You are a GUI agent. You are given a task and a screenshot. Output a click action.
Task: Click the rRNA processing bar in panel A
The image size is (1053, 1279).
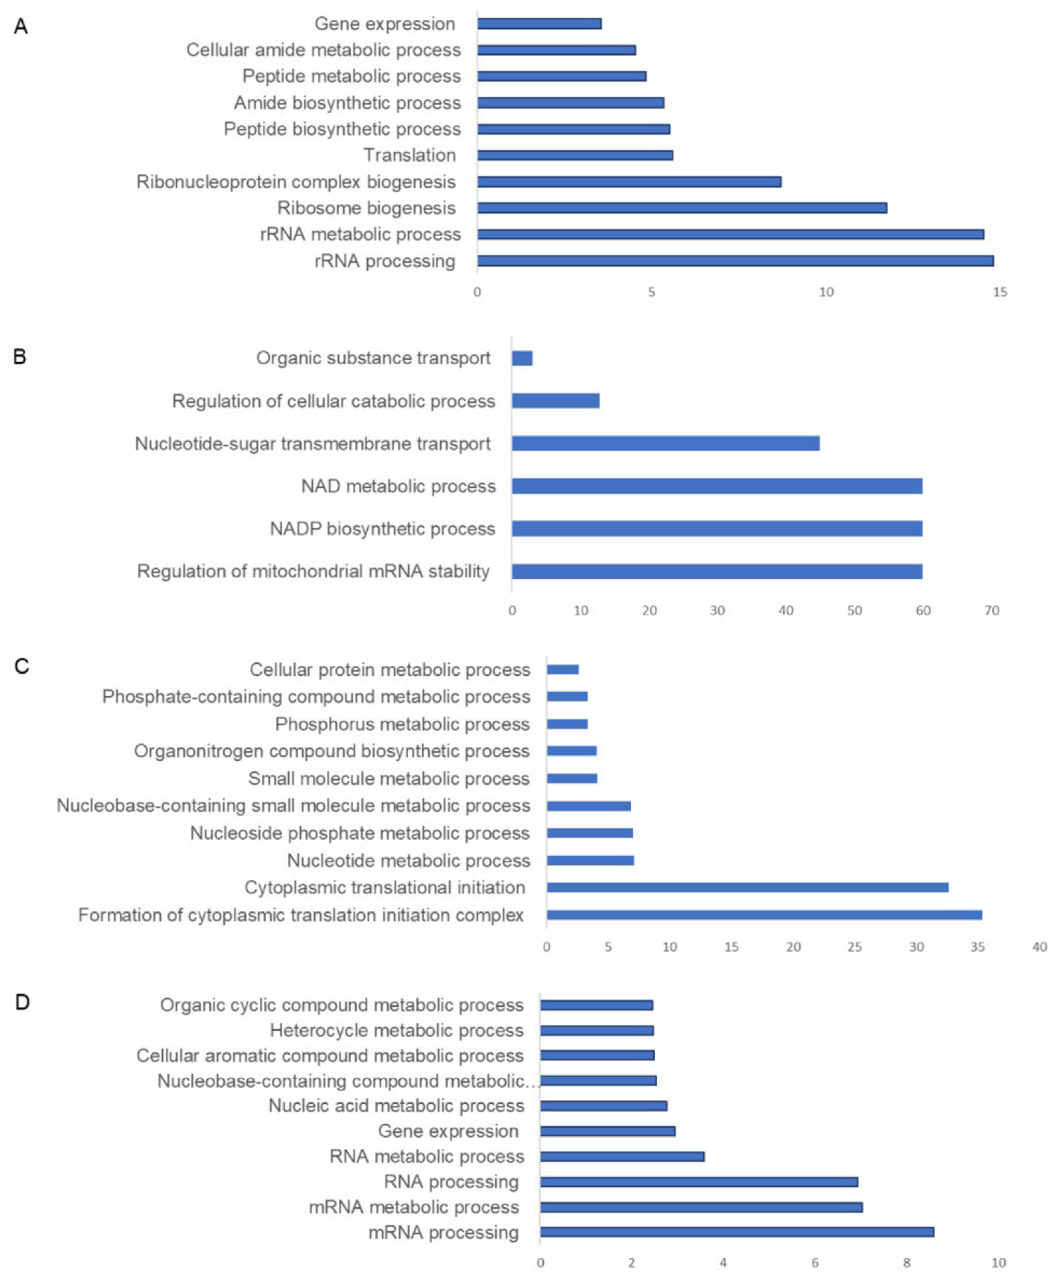pyautogui.click(x=735, y=261)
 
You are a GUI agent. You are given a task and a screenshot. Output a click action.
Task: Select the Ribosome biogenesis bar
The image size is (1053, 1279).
pyautogui.click(x=682, y=208)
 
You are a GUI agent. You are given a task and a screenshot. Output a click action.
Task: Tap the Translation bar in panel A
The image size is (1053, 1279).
pyautogui.click(x=575, y=156)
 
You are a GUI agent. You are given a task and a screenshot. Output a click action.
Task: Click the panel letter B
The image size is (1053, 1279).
pyautogui.click(x=20, y=357)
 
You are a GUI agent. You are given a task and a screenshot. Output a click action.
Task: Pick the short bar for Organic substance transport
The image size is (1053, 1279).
pyautogui.click(x=522, y=358)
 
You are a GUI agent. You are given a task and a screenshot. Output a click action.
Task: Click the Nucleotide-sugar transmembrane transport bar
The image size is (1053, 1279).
pyautogui.click(x=665, y=444)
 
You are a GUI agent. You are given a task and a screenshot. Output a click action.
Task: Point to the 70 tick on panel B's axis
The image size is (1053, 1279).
pyautogui.click(x=991, y=611)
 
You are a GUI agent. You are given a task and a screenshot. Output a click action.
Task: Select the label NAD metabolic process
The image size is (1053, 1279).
pyautogui.click(x=398, y=486)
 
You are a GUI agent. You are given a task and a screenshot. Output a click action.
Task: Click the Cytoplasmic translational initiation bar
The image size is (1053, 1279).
pyautogui.click(x=747, y=888)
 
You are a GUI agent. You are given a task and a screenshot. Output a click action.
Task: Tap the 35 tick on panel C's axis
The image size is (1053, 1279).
pyautogui.click(x=978, y=947)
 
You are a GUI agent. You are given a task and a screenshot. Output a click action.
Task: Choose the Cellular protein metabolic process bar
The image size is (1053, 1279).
pyautogui.click(x=563, y=669)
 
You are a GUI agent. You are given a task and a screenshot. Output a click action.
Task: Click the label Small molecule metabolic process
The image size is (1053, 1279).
pyautogui.click(x=388, y=778)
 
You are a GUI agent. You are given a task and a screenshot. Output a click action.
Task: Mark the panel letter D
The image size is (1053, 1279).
pyautogui.click(x=22, y=1003)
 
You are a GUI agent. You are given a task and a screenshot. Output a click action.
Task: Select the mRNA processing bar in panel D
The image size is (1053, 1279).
pyautogui.click(x=736, y=1232)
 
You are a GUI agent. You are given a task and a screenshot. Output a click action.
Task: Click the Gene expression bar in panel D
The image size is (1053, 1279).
pyautogui.click(x=607, y=1131)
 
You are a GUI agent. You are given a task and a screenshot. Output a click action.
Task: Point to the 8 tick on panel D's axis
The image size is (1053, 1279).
pyautogui.click(x=907, y=1263)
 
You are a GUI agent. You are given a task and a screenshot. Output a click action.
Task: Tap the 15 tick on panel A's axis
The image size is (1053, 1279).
pyautogui.click(x=1000, y=292)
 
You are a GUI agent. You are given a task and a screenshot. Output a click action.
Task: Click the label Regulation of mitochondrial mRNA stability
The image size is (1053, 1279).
pyautogui.click(x=313, y=571)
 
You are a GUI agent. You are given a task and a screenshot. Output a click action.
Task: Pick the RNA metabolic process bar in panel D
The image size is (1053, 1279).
pyautogui.click(x=622, y=1156)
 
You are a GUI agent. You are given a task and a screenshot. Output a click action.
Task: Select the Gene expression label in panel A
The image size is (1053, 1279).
pyautogui.click(x=384, y=24)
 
